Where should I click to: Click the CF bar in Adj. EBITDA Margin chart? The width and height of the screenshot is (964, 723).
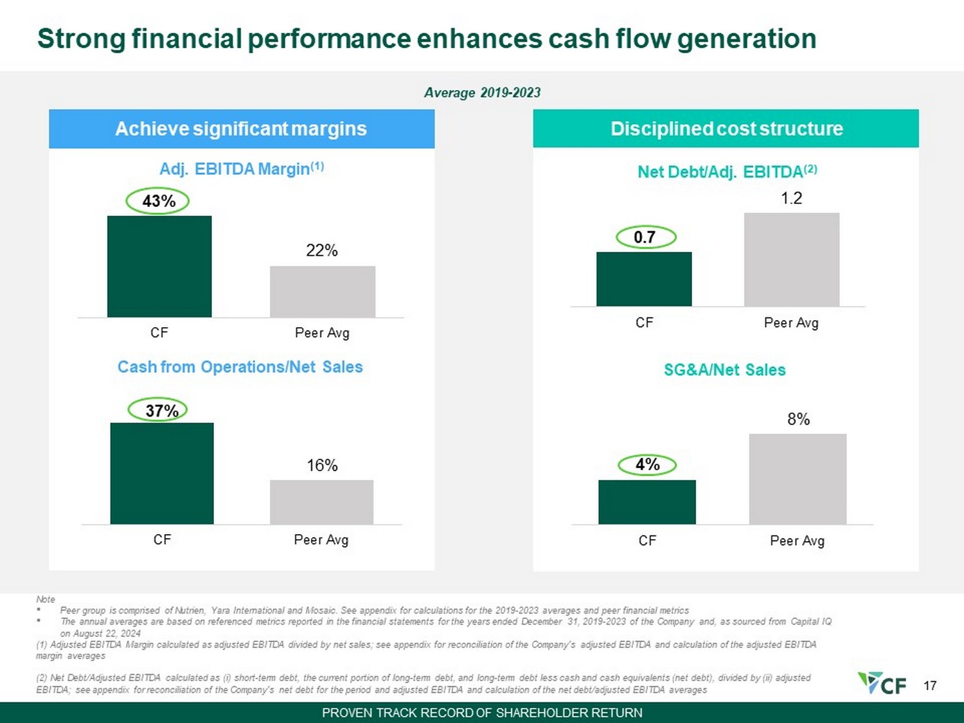pyautogui.click(x=159, y=267)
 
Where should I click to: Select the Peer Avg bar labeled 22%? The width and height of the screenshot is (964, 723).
pyautogui.click(x=323, y=292)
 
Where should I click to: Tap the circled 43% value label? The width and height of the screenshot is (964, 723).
pyautogui.click(x=157, y=202)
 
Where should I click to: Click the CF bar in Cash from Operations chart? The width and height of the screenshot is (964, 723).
pyautogui.click(x=162, y=474)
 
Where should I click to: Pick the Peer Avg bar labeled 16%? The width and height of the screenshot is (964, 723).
pyautogui.click(x=322, y=502)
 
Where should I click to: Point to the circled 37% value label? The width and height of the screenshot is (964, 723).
pyautogui.click(x=157, y=411)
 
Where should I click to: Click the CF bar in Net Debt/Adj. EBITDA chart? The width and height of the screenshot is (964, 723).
pyautogui.click(x=645, y=279)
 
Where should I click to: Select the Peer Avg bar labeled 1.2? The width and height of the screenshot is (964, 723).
pyautogui.click(x=792, y=260)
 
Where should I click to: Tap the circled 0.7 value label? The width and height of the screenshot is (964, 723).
pyautogui.click(x=646, y=238)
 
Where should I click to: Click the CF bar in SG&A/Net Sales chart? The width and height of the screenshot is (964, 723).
pyautogui.click(x=647, y=502)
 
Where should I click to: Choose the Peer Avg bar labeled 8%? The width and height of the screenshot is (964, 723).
pyautogui.click(x=798, y=479)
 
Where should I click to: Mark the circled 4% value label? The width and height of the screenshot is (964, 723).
pyautogui.click(x=647, y=465)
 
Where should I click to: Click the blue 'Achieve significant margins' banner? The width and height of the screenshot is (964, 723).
pyautogui.click(x=242, y=129)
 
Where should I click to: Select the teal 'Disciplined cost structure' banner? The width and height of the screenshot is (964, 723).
pyautogui.click(x=726, y=129)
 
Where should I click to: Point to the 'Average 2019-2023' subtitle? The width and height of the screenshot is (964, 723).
pyautogui.click(x=482, y=93)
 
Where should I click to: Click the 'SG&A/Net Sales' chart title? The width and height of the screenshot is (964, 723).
pyautogui.click(x=725, y=370)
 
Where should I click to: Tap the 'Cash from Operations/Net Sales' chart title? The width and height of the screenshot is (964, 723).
pyautogui.click(x=240, y=367)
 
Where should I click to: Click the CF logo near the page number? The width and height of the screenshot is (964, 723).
pyautogui.click(x=882, y=683)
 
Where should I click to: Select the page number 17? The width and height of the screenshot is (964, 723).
pyautogui.click(x=930, y=685)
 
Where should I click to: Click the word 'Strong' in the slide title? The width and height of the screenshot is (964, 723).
pyautogui.click(x=82, y=39)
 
